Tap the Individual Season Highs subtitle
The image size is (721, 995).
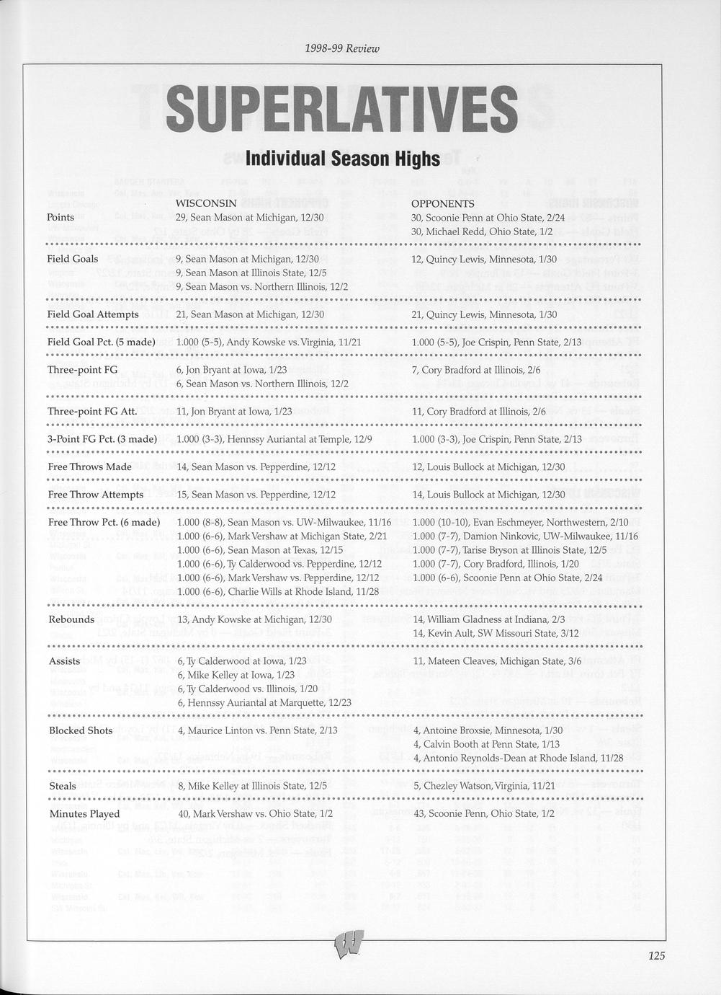tap(342, 158)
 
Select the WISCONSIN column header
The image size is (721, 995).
tap(206, 203)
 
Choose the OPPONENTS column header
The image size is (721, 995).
tap(442, 204)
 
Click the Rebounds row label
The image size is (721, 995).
tap(71, 619)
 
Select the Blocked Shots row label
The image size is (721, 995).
tap(81, 730)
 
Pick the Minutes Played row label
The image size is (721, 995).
tap(84, 814)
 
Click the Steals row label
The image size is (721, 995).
tap(63, 786)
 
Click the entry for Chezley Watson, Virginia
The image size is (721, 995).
tap(483, 786)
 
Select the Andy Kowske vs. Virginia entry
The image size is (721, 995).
tap(269, 342)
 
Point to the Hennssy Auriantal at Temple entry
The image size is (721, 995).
tap(274, 439)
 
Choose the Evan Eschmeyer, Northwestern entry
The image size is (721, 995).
tap(521, 522)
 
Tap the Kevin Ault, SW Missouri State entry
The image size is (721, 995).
tap(496, 633)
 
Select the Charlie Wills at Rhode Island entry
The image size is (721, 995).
tap(277, 591)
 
